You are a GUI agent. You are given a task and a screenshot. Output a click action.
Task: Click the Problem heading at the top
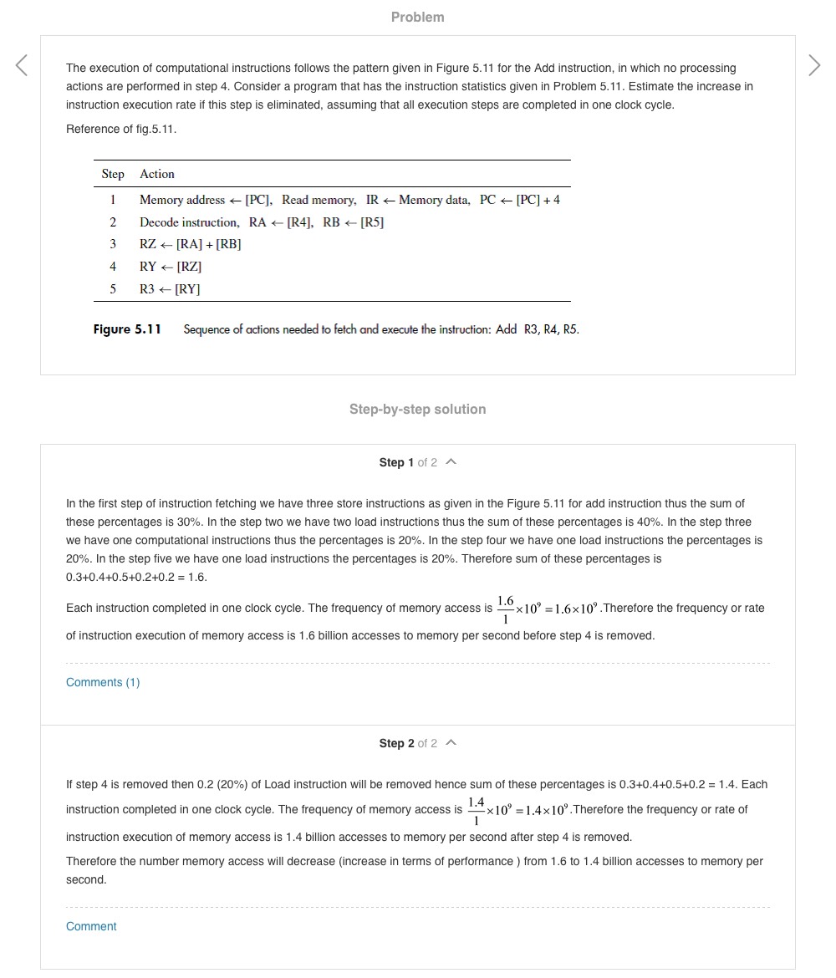click(417, 17)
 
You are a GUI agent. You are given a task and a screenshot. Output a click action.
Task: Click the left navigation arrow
click(22, 65)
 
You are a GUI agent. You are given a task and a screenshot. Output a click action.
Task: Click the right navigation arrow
click(814, 65)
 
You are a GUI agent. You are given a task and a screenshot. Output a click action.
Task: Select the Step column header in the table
click(113, 174)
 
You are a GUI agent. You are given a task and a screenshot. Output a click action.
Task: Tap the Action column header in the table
click(157, 174)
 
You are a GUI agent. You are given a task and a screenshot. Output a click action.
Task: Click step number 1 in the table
click(113, 200)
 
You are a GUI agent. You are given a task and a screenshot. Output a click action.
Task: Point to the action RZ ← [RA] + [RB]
click(190, 244)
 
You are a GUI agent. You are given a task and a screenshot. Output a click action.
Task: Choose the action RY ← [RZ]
click(171, 267)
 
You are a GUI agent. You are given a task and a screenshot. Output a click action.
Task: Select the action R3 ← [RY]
click(170, 289)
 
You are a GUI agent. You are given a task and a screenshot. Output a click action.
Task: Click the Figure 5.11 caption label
click(127, 329)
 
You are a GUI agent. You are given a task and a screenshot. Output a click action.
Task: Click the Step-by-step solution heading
click(417, 409)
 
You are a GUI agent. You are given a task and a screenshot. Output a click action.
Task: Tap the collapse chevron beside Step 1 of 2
click(451, 461)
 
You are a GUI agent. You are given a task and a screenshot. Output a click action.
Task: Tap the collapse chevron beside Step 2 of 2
click(451, 742)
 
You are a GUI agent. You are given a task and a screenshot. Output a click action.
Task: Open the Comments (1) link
click(103, 682)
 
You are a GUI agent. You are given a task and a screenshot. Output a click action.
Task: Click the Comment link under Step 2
click(91, 926)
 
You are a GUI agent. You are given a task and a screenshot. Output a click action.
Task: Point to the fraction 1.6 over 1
click(505, 609)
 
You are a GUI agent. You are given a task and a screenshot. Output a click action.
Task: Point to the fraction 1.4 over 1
click(476, 810)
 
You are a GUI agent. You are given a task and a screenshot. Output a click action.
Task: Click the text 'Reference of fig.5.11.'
click(121, 129)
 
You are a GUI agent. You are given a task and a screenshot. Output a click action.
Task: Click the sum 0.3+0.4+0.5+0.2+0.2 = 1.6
click(136, 577)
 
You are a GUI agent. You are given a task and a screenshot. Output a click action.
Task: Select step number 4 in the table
click(113, 267)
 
